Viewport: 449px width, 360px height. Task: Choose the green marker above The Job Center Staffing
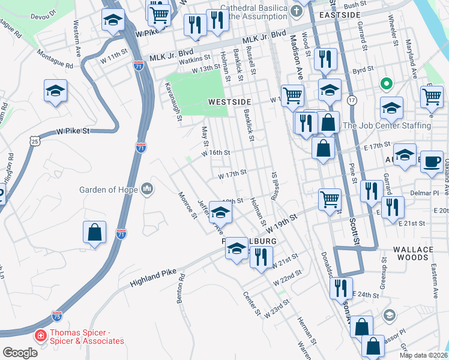(x=387, y=84)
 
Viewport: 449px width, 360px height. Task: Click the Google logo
(x=20, y=353)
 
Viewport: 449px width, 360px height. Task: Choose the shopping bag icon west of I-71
(x=95, y=233)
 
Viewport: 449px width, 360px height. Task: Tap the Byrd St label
(x=363, y=70)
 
